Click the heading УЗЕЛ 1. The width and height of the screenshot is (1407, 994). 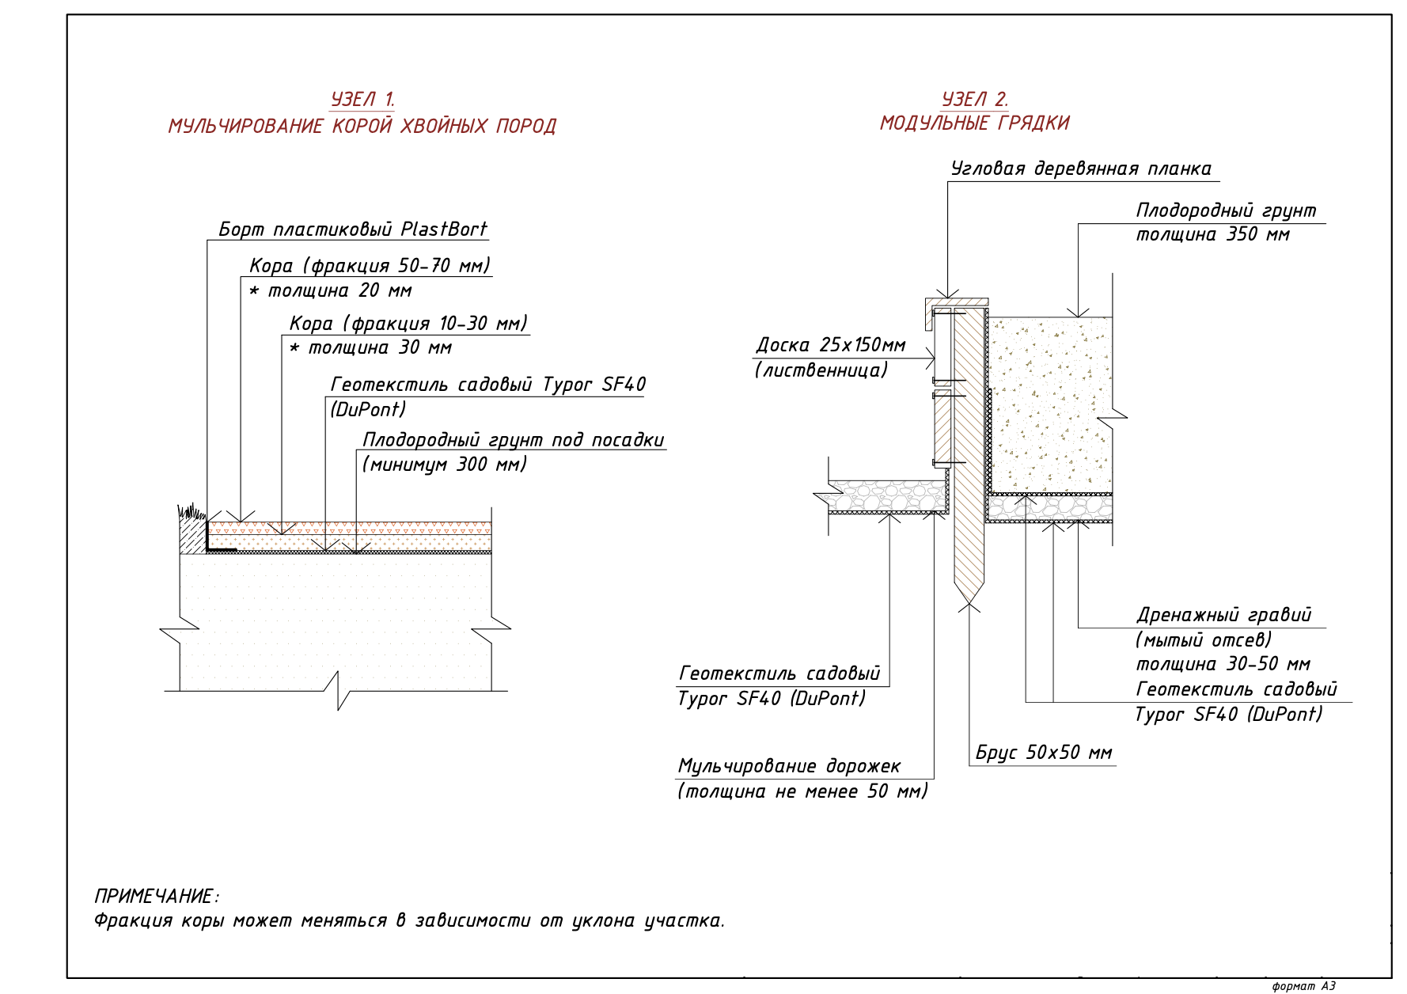362,100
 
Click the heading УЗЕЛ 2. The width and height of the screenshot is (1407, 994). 975,100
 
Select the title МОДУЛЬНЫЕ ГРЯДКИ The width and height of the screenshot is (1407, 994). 975,123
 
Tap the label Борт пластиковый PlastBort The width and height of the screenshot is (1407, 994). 353,230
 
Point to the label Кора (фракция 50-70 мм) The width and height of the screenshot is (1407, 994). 370,266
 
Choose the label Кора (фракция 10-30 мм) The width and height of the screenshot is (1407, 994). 408,324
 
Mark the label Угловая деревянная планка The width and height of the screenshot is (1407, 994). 1081,169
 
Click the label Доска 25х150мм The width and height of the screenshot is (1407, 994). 831,345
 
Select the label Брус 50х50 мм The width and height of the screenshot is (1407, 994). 1044,753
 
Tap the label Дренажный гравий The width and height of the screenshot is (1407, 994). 1224,615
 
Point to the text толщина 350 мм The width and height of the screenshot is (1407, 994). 1213,235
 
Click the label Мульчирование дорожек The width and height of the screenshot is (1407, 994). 789,766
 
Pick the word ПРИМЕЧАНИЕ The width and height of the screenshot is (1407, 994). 154,897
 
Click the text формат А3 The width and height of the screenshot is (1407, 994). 1304,986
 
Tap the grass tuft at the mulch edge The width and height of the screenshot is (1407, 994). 191,512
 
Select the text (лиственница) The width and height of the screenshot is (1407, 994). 821,370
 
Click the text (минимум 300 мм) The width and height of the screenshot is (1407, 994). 445,465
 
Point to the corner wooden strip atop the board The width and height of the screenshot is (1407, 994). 956,303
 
